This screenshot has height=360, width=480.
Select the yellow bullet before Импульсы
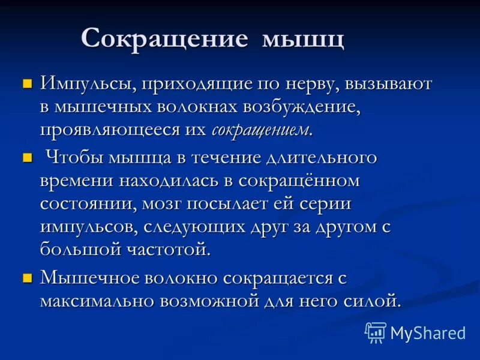click(x=26, y=83)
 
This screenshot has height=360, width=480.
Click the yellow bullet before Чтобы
click(x=26, y=158)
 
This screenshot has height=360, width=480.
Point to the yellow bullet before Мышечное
click(x=26, y=278)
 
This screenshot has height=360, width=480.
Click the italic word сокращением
click(x=262, y=130)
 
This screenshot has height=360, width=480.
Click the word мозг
click(x=161, y=204)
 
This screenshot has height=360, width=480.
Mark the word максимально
click(x=97, y=300)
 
